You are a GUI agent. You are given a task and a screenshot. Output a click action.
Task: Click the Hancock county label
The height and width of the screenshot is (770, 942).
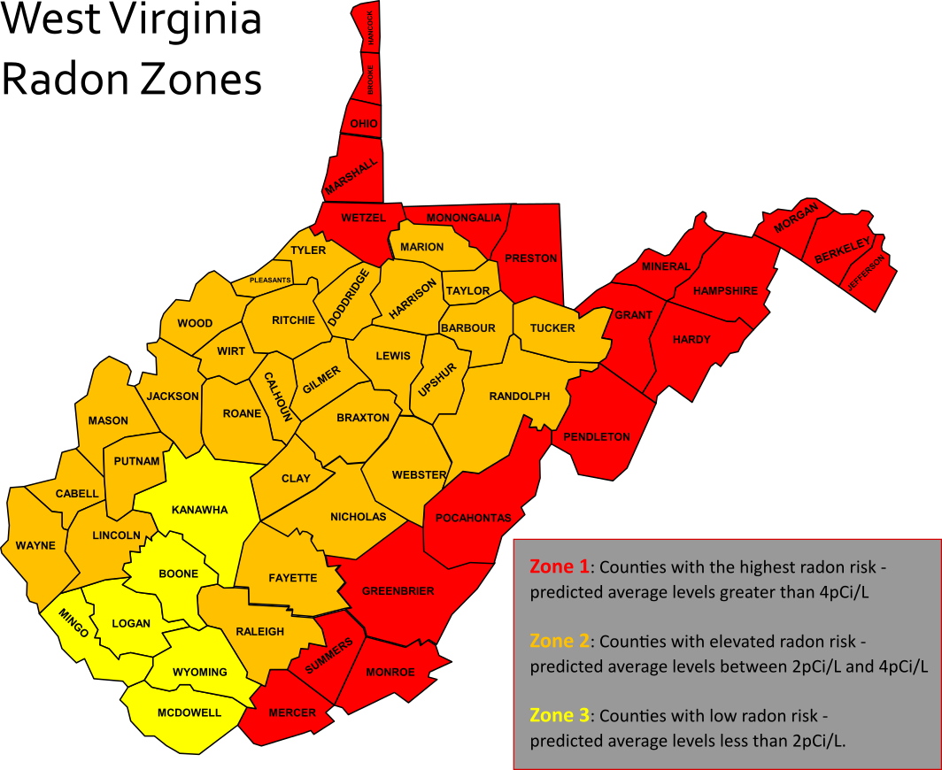pyautogui.click(x=371, y=27)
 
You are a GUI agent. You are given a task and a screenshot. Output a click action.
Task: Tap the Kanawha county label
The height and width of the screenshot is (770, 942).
pyautogui.click(x=199, y=510)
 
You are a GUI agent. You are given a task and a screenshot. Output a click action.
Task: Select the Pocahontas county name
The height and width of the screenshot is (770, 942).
pyautogui.click(x=474, y=518)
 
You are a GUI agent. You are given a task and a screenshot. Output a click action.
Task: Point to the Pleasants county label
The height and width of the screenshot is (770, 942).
pyautogui.click(x=270, y=280)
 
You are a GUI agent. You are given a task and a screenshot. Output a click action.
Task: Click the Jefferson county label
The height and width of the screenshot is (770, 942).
pyautogui.click(x=866, y=273)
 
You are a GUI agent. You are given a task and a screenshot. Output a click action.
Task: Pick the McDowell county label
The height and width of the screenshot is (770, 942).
pyautogui.click(x=189, y=712)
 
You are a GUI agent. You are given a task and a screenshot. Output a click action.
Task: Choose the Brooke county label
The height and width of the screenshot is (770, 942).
pyautogui.click(x=371, y=81)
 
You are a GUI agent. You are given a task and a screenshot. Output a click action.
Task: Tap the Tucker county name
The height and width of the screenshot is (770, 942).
pyautogui.click(x=552, y=327)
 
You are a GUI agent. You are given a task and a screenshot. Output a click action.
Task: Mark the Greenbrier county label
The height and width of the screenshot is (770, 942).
pyautogui.click(x=398, y=590)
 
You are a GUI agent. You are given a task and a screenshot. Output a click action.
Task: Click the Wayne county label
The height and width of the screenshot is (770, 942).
pyautogui.click(x=35, y=545)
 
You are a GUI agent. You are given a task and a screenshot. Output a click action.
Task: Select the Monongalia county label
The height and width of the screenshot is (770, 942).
pyautogui.click(x=464, y=218)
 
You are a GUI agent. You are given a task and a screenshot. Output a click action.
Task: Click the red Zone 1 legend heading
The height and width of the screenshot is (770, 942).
pyautogui.click(x=559, y=566)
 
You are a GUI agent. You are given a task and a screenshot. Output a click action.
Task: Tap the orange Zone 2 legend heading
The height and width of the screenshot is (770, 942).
pyautogui.click(x=559, y=641)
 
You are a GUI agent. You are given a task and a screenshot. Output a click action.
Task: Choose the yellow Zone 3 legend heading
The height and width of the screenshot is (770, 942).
pyautogui.click(x=559, y=715)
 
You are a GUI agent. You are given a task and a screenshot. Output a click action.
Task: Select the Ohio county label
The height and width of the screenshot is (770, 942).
pyautogui.click(x=364, y=124)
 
